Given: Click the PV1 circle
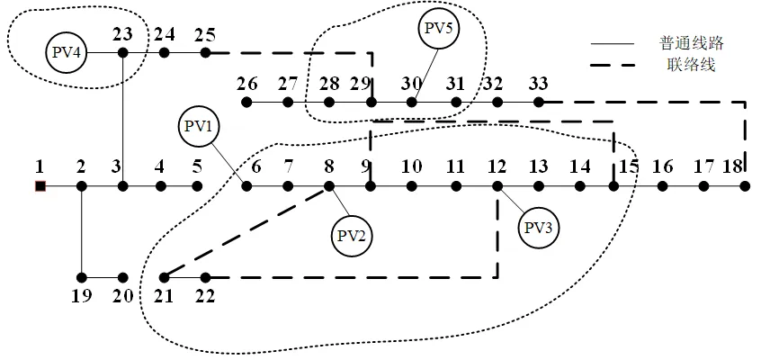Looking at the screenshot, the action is (199, 127).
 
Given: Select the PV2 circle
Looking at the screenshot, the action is (352, 236).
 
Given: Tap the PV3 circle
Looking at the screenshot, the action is (539, 229).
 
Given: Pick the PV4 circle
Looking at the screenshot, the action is (66, 52).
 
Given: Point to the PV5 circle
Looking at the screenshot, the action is (439, 28).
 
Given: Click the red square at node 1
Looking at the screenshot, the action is (40, 186).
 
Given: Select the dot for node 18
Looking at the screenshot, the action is (745, 186).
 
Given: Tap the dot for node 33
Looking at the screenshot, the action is (539, 103).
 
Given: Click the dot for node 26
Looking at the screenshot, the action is (247, 103).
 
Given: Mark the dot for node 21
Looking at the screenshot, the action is (165, 277).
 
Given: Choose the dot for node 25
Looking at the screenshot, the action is (206, 52).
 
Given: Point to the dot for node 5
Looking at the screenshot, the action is (197, 186).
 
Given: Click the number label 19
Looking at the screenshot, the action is (82, 297).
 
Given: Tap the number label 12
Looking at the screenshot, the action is (497, 167).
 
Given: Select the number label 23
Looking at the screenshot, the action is (122, 34).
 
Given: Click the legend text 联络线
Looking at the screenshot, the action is (691, 65).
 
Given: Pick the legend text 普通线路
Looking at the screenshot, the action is (692, 43).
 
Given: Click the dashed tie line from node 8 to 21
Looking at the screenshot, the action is (246, 232).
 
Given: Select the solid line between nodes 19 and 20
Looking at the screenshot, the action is (103, 277).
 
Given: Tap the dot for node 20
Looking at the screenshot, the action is (123, 277).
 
